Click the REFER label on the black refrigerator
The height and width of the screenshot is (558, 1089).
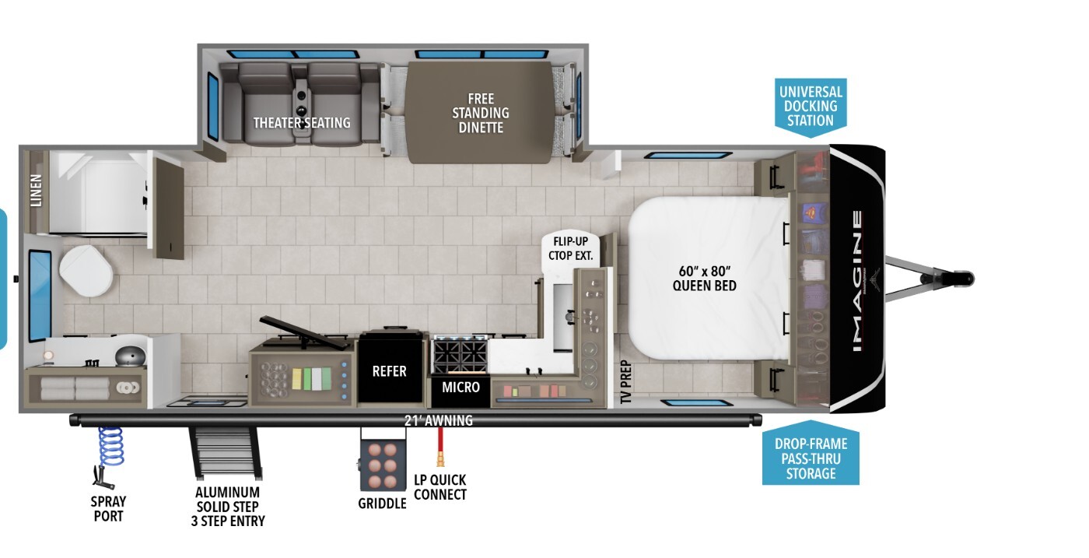pos(389,371)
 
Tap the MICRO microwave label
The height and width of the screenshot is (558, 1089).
pos(460,388)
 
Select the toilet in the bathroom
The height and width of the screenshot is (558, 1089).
pos(86,271)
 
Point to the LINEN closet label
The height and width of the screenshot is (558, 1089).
pos(37,190)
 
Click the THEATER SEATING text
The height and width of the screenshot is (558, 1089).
pos(302,123)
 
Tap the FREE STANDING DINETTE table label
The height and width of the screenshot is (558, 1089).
pos(481,113)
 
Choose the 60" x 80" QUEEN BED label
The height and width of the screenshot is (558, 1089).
pos(705,279)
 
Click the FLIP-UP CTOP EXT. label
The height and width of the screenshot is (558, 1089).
pos(571,248)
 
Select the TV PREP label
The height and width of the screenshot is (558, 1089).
pos(626,382)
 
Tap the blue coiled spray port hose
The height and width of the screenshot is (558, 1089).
pos(110,447)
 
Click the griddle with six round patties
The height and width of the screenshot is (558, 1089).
pos(382,465)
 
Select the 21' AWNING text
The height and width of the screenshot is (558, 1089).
pos(439,420)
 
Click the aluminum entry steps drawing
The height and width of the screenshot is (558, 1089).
pos(226,452)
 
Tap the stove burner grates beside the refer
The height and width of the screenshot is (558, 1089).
pos(460,354)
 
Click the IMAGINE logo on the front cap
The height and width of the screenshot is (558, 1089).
pos(857,281)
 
